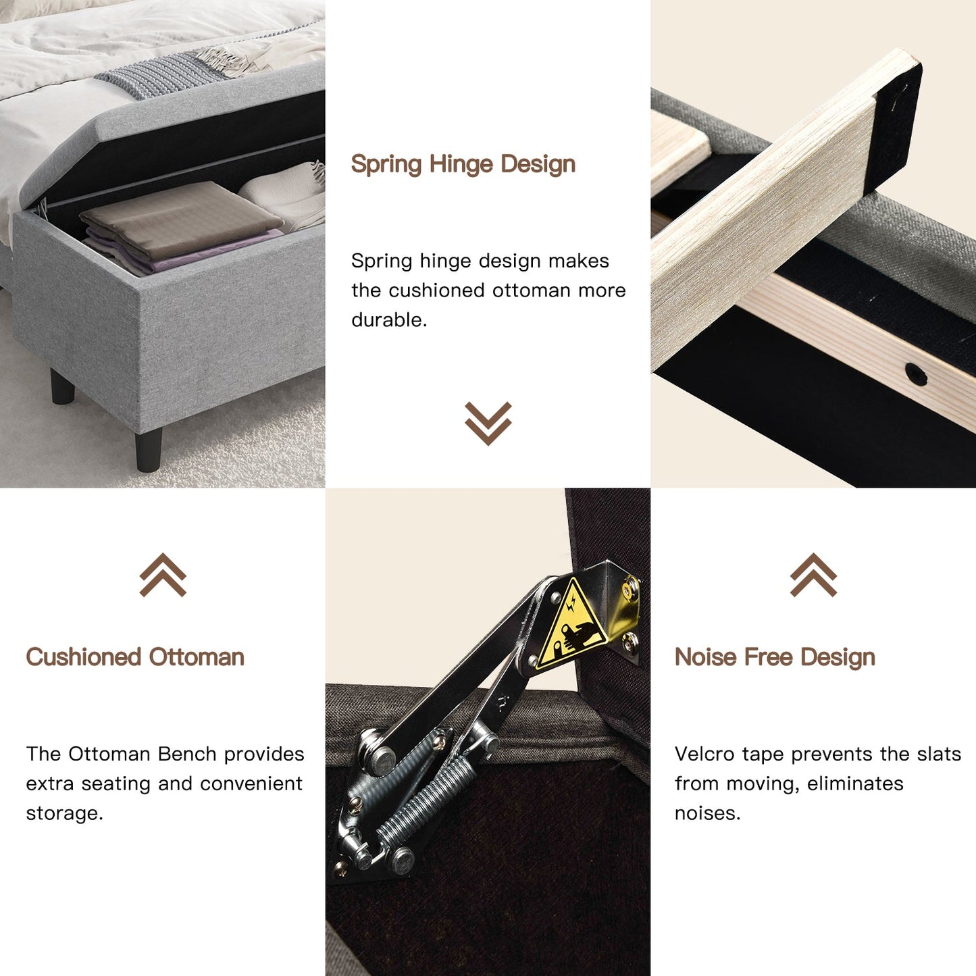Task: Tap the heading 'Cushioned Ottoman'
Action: coord(135,657)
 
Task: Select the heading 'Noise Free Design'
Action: coord(775,657)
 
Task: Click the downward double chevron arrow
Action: coord(488,423)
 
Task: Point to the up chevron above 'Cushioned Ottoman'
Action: coord(163,575)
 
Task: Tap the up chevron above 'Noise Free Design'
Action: coord(813,575)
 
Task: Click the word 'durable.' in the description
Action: coord(389,320)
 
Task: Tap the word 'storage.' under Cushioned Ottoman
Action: coord(64,813)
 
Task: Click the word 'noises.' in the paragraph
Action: coord(708,813)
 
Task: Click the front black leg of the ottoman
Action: coord(149,450)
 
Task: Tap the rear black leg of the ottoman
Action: coord(62,386)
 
